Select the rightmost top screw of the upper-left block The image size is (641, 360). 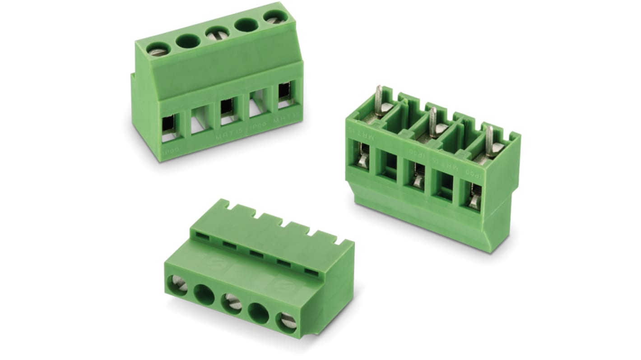[x=273, y=18]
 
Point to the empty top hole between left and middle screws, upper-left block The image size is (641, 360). [x=188, y=41]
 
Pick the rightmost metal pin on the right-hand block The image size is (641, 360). [x=489, y=141]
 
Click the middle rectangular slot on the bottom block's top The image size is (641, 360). [x=256, y=254]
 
